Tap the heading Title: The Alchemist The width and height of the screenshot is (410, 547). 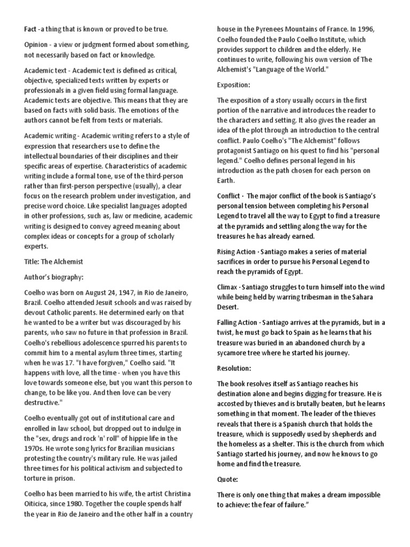pyautogui.click(x=53, y=262)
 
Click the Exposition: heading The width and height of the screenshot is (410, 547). pyautogui.click(x=234, y=85)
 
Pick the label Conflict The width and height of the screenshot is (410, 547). pyautogui.click(x=228, y=196)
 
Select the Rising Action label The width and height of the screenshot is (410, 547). pyautogui.click(x=240, y=251)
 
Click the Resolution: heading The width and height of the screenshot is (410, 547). pyautogui.click(x=235, y=369)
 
